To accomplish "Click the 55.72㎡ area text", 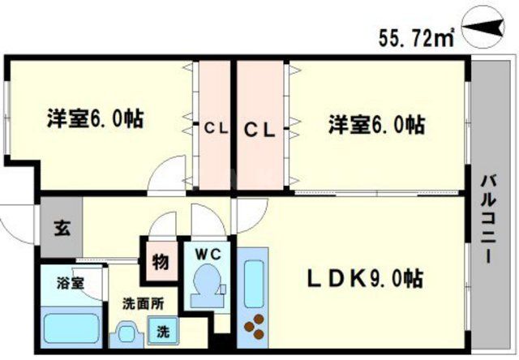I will [415, 37].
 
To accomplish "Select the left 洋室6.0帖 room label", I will [95, 119].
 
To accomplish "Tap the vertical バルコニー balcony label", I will [489, 217].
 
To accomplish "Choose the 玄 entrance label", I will [61, 226].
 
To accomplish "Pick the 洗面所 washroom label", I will [143, 304].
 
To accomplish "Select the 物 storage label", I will [159, 262].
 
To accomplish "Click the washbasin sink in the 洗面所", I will [128, 332].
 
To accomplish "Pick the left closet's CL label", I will [214, 128].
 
